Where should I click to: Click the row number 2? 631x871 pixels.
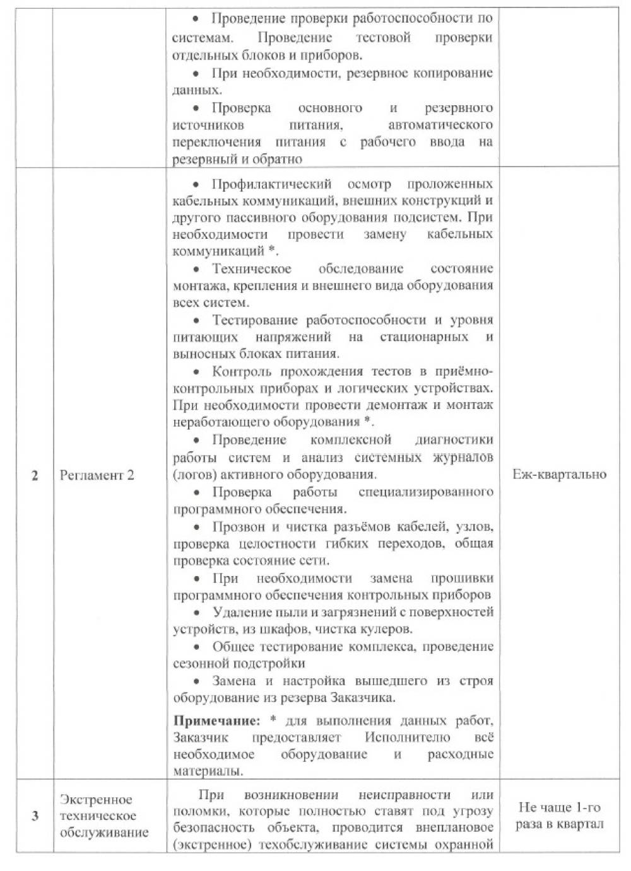[x=35, y=475]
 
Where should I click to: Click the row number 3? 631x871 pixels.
[x=35, y=816]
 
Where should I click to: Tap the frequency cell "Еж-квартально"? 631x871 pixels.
[x=560, y=474]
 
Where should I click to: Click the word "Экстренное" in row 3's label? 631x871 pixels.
[x=96, y=799]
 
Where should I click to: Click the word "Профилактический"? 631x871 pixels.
[x=272, y=184]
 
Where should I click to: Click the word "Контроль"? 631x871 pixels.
[x=240, y=371]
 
